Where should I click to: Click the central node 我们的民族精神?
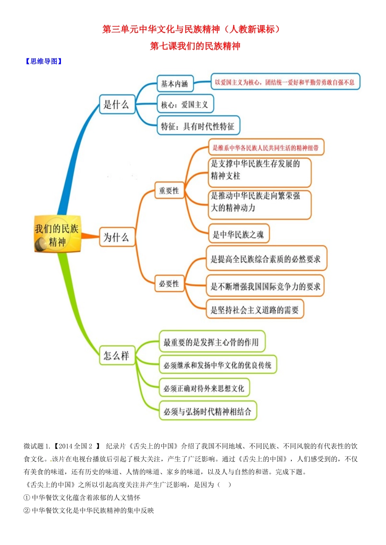point(57,235)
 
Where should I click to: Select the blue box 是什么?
point(117,105)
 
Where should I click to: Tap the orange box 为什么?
point(117,237)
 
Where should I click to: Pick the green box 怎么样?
point(117,356)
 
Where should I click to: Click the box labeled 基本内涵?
point(175,84)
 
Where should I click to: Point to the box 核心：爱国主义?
point(185,105)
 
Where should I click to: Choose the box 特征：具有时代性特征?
point(198,126)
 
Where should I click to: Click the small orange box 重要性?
point(169,191)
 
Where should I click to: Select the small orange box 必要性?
point(169,283)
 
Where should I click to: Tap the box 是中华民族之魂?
point(239,234)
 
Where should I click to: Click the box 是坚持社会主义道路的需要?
point(255,310)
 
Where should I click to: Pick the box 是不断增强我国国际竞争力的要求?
point(266,286)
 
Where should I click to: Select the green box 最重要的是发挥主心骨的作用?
point(212,342)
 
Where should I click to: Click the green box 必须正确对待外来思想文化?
point(204,388)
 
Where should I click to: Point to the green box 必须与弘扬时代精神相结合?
point(208,412)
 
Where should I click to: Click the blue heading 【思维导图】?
point(44,61)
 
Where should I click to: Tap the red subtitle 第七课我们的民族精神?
point(195,46)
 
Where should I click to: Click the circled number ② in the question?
point(27,511)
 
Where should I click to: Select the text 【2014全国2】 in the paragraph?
point(77,446)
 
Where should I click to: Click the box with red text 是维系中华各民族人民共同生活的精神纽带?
point(266,148)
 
